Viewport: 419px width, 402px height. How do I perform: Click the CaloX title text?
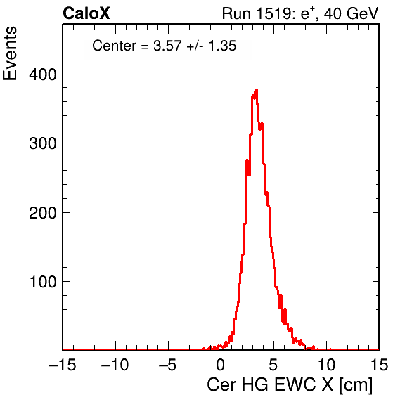pos(86,13)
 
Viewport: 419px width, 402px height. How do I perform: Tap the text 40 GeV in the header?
pos(351,13)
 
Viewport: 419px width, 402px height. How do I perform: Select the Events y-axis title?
pos(10,53)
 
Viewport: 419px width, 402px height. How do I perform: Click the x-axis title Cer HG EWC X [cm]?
pos(290,385)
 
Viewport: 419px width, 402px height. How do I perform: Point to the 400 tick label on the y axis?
pos(43,74)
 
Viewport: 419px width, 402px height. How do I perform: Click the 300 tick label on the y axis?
pos(43,143)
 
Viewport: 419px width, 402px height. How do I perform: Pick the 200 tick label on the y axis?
pos(43,213)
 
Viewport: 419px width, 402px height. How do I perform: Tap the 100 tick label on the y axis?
pos(44,282)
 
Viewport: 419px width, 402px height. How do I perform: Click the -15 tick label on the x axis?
pos(63,365)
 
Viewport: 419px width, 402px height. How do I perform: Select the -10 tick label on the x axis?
pos(115,365)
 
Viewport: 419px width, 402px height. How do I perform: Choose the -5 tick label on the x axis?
pos(167,365)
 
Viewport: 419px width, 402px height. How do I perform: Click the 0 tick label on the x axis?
pos(221,365)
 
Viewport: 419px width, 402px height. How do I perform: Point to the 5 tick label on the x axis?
pos(273,365)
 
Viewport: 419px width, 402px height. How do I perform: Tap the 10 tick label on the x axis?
pos(326,365)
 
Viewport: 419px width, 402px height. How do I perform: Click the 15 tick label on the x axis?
pos(379,365)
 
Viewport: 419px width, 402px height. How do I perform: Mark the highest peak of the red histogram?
pos(257,90)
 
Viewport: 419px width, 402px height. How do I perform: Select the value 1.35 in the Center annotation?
pos(222,46)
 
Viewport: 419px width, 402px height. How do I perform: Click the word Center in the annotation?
pos(115,46)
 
